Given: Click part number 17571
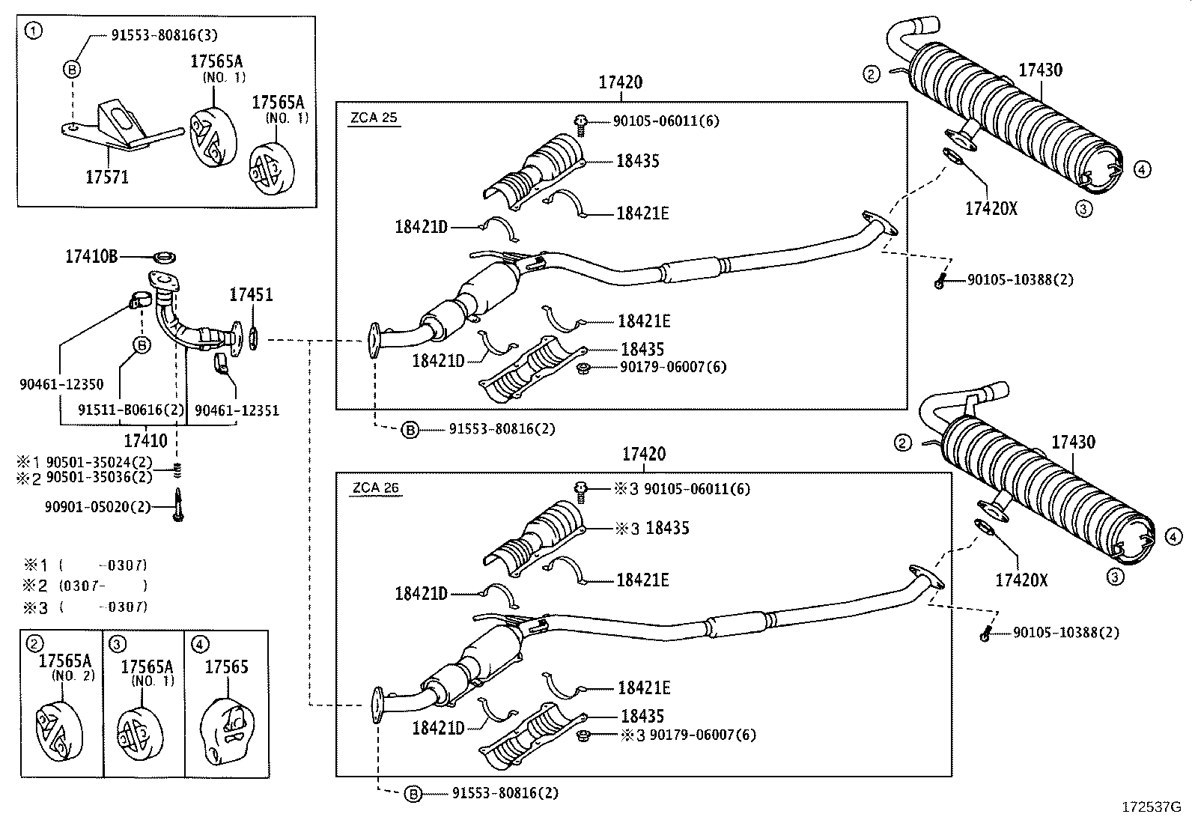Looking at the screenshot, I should click(107, 177).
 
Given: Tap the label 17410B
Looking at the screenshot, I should click(91, 256).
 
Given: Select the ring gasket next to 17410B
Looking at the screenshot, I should click(164, 258).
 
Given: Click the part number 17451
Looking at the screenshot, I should click(251, 295).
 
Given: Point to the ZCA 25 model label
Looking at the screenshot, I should click(374, 118).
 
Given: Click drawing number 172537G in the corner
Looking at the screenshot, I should click(1150, 807).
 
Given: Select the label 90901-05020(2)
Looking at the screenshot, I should click(97, 507).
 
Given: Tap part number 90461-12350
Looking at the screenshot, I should click(61, 384).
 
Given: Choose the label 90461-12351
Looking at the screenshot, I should click(237, 410).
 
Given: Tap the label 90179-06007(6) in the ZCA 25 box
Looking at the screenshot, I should click(672, 367).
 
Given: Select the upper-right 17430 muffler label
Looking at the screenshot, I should click(1040, 70).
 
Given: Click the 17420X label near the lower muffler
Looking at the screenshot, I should click(1021, 580).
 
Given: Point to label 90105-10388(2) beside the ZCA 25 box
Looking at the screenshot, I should click(1020, 280).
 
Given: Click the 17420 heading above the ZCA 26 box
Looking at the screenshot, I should click(643, 454).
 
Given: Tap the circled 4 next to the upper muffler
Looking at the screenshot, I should click(1141, 170).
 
